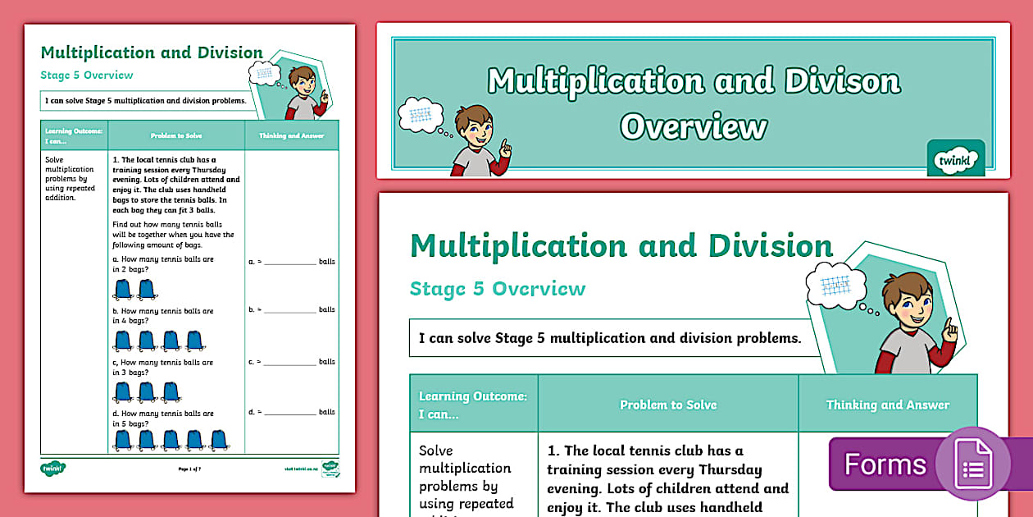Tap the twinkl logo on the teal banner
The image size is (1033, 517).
click(x=955, y=158)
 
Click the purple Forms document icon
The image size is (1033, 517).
click(x=973, y=464)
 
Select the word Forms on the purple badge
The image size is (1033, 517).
click(x=885, y=464)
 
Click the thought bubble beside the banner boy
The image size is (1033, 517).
click(x=419, y=115)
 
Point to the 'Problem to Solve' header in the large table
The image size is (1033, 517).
click(x=668, y=405)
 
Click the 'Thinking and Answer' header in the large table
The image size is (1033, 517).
click(x=888, y=405)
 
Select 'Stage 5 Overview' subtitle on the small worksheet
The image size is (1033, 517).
click(x=87, y=75)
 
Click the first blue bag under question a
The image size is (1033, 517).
click(x=123, y=290)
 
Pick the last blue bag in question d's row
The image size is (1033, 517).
click(x=218, y=440)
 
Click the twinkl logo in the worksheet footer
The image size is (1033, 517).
click(x=53, y=469)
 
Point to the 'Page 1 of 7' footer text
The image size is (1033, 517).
click(x=195, y=469)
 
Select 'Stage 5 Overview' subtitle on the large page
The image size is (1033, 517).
click(x=498, y=289)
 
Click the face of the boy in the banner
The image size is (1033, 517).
click(x=475, y=132)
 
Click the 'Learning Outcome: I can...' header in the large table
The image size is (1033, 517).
click(x=473, y=405)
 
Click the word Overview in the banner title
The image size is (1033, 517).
click(x=694, y=127)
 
